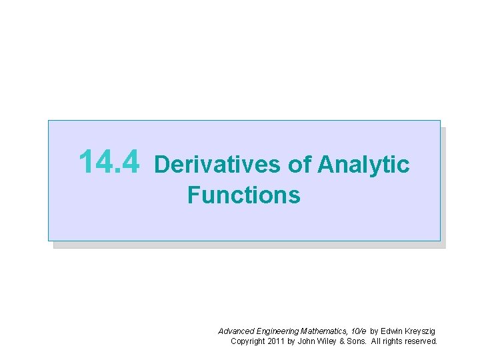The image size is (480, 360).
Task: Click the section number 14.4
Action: pos(109,161)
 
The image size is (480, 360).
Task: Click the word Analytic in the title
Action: pos(364,164)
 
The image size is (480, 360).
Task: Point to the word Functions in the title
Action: pos(243,195)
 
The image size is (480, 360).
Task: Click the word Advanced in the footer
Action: pos(235,331)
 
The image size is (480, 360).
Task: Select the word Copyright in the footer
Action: pos(249,341)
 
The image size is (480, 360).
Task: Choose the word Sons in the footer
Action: pos(361,341)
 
